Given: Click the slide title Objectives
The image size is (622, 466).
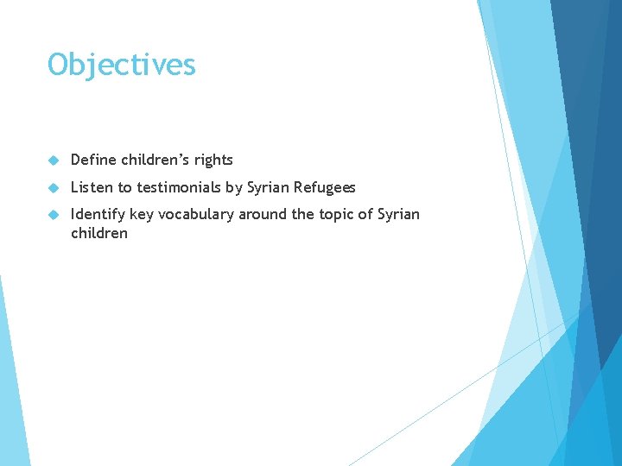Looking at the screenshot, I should (x=122, y=65).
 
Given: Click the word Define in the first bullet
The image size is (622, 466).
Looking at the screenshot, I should (x=93, y=160).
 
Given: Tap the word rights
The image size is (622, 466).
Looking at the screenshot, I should (x=213, y=160).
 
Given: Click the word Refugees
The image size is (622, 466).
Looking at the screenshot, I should (x=325, y=187).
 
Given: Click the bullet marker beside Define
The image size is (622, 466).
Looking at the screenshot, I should (x=54, y=161).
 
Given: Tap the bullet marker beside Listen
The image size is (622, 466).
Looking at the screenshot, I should (x=54, y=188).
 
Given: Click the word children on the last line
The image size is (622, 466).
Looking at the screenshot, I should (x=98, y=233).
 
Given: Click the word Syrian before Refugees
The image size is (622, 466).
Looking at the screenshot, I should (x=270, y=187).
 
